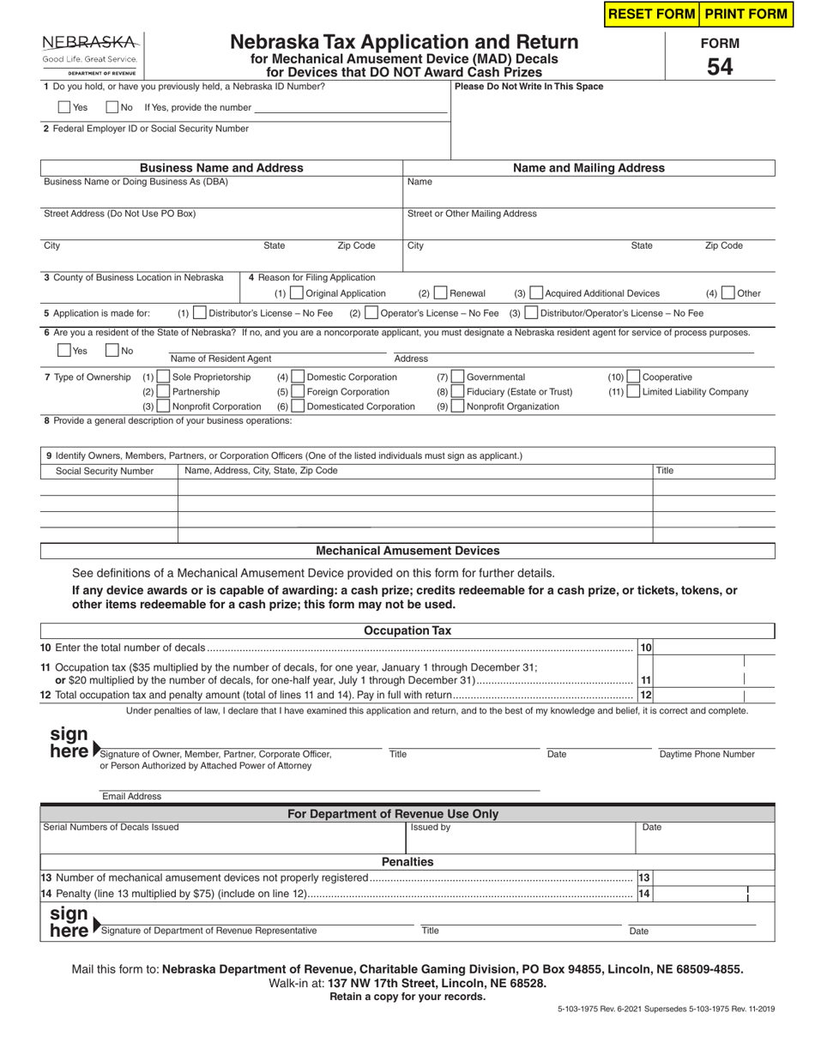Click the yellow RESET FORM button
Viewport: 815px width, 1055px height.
(x=652, y=14)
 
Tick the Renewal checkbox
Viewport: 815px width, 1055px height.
(x=440, y=293)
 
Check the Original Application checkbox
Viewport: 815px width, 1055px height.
(x=297, y=293)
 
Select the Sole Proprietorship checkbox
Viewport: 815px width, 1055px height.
(x=163, y=377)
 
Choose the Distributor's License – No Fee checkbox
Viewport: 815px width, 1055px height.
(x=200, y=313)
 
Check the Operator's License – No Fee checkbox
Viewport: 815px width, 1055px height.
(x=371, y=313)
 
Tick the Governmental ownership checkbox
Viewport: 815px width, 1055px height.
(x=457, y=377)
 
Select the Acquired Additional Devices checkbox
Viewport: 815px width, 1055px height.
(x=535, y=293)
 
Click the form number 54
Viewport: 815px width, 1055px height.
(x=719, y=66)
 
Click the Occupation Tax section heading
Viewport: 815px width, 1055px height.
(x=407, y=630)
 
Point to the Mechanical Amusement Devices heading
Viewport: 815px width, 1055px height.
(x=407, y=551)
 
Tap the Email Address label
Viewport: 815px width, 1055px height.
(x=131, y=796)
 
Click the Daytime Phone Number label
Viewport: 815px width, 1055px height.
(x=707, y=755)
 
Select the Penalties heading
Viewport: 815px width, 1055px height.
(x=407, y=861)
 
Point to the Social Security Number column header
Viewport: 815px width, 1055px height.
(x=105, y=471)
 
